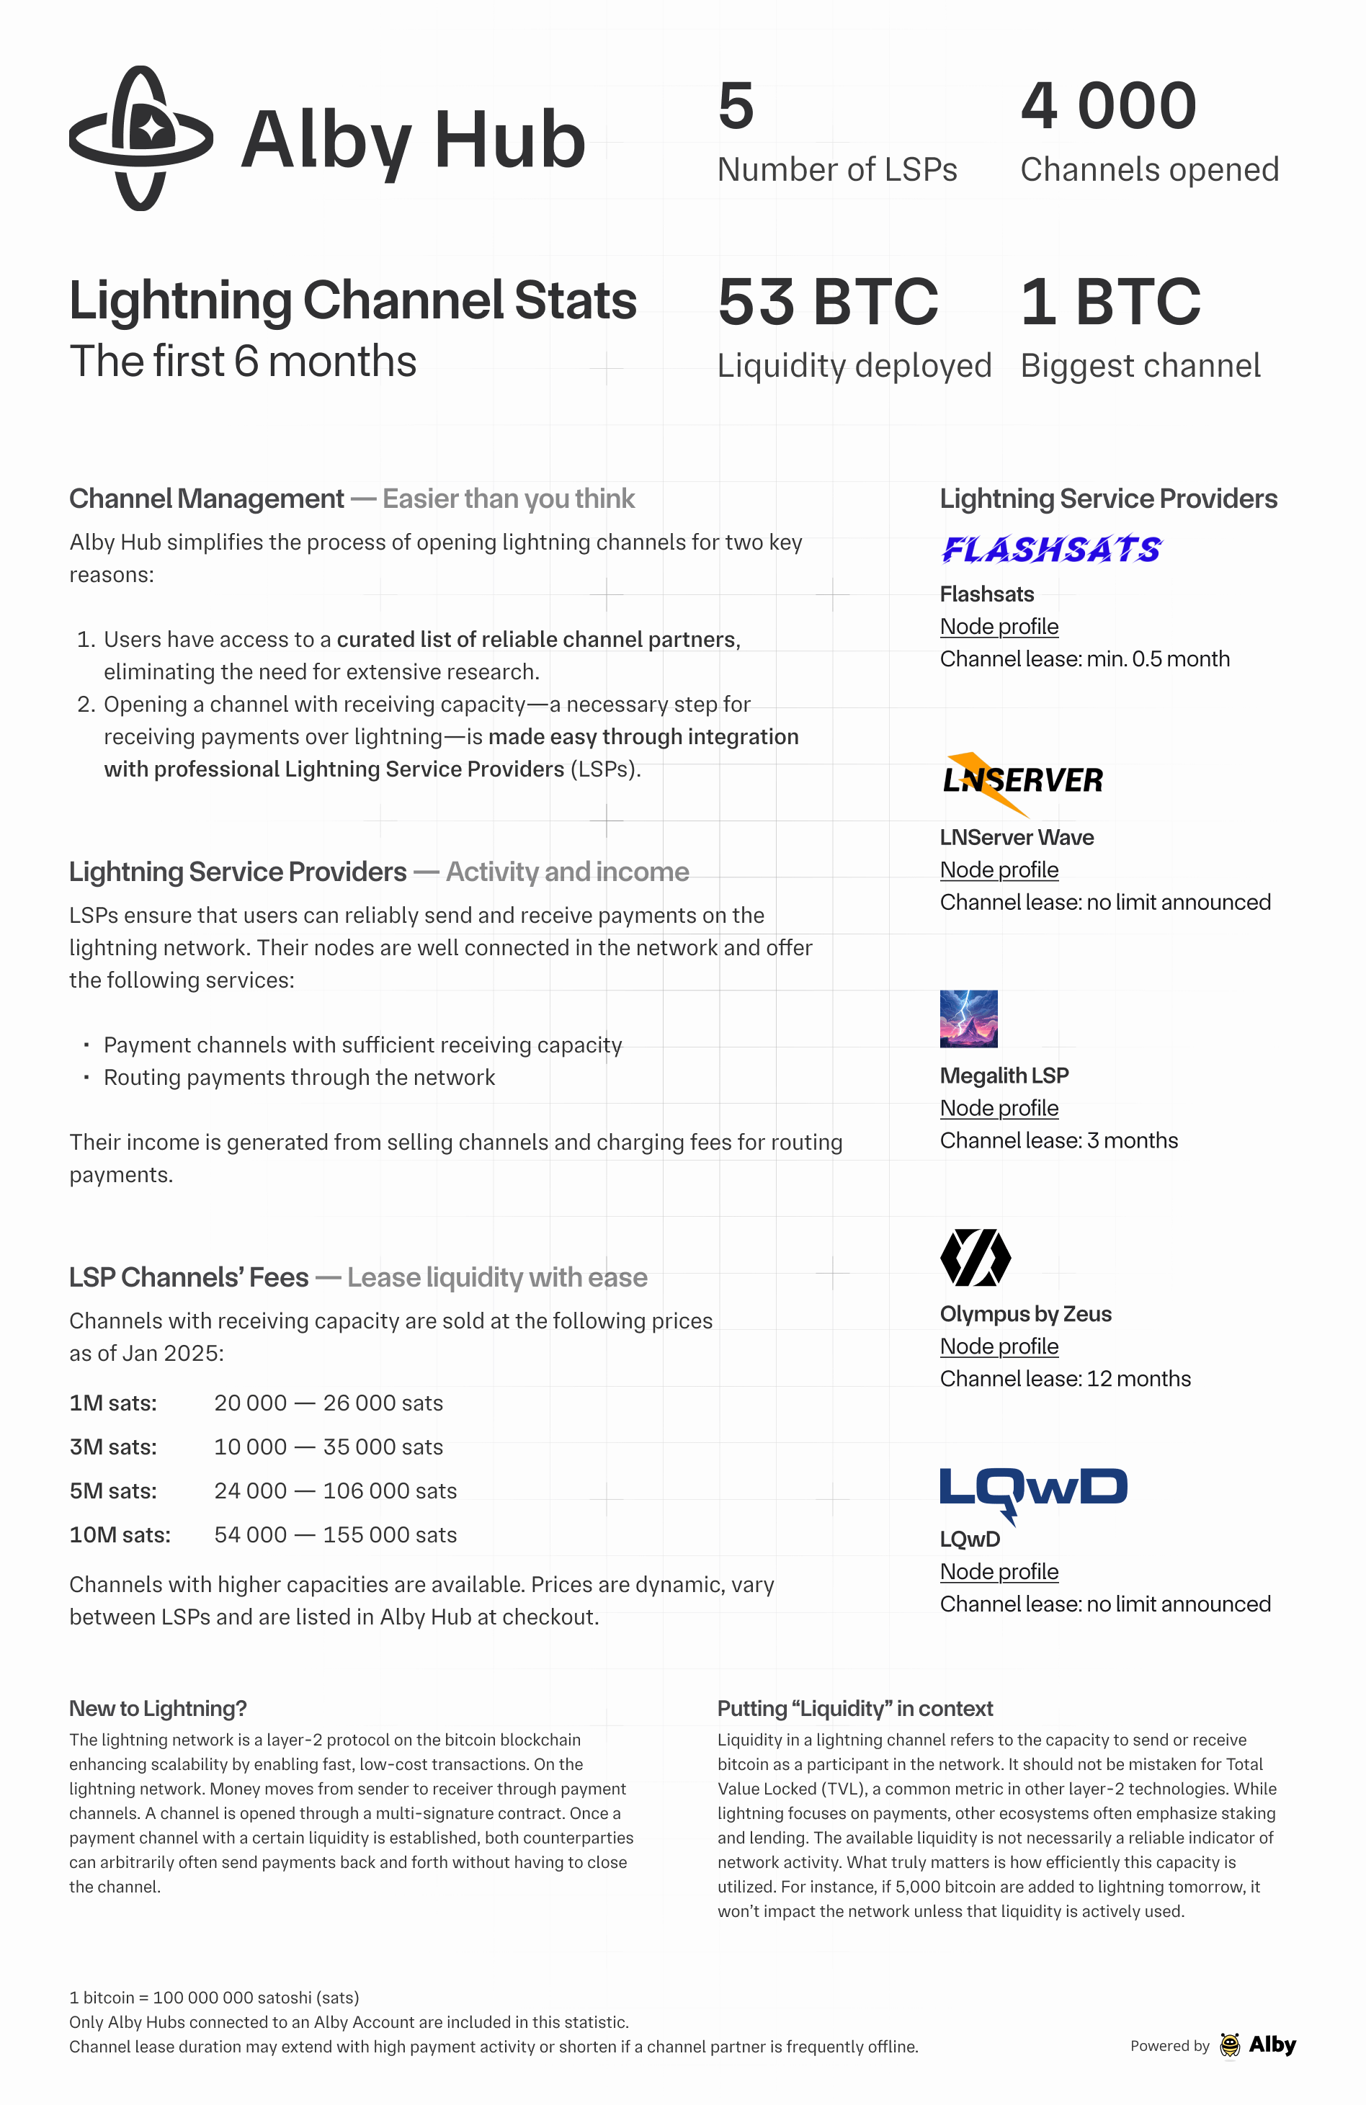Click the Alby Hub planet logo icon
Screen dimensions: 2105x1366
140,138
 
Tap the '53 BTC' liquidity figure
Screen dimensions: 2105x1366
827,302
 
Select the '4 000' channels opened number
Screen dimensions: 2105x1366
1109,106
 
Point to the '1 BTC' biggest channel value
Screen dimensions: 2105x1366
1110,302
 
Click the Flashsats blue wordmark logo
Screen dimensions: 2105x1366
1051,549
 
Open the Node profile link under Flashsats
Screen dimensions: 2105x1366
999,626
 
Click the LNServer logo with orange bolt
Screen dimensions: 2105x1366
1022,782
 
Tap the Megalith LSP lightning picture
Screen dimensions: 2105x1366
969,1018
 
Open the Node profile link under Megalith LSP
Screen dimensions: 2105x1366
999,1107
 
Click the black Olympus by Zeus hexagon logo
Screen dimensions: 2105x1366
975,1257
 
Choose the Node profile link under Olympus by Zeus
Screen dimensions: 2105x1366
999,1346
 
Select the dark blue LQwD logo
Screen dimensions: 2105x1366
1032,1492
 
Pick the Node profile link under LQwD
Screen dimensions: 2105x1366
999,1572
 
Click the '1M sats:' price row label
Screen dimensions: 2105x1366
113,1403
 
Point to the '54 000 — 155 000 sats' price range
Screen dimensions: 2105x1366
335,1534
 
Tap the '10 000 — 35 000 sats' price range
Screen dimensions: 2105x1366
329,1447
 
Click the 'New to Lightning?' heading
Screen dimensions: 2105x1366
158,1709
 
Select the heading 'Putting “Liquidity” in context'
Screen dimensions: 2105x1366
854,1709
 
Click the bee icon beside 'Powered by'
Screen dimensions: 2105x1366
1230,2045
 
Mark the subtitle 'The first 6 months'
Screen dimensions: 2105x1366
244,362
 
